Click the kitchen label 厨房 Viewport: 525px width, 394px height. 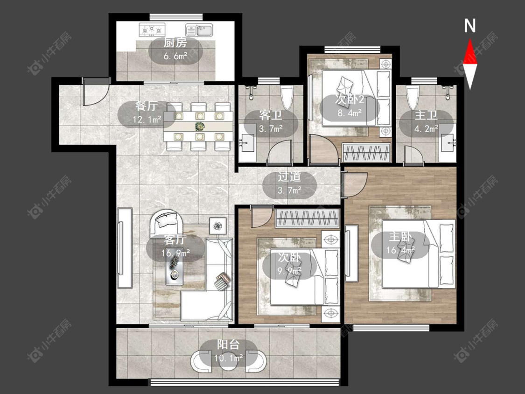[x=175, y=43]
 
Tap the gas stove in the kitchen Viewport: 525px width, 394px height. [x=152, y=29]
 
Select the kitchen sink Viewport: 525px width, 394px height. [x=199, y=29]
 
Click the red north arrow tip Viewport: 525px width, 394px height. [x=470, y=39]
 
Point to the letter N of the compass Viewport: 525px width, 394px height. [x=470, y=26]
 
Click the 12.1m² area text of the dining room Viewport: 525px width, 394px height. [x=147, y=119]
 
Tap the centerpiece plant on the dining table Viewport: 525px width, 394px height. [x=200, y=127]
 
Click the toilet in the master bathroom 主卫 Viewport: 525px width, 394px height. [x=413, y=98]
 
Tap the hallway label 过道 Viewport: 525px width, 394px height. [x=289, y=177]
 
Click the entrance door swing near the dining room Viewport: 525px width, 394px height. [x=96, y=92]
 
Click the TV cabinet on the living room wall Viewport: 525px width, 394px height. [x=125, y=247]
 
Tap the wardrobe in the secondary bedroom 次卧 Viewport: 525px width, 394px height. [x=308, y=218]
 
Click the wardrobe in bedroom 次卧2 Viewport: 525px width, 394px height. [x=367, y=153]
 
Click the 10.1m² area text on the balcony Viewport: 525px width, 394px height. [x=229, y=358]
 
